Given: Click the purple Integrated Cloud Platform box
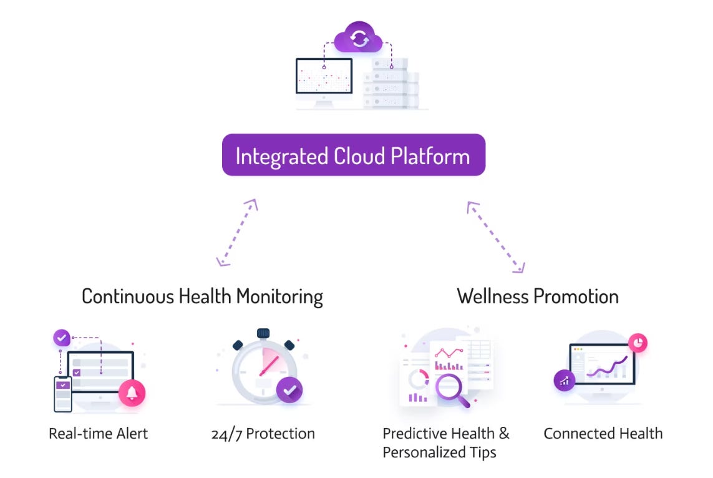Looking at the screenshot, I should coord(353,155).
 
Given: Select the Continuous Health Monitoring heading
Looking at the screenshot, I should coord(202,296).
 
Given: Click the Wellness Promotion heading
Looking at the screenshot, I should coord(537,296).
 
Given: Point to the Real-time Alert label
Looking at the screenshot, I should coord(99,433).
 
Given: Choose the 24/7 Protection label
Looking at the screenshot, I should coord(263,433).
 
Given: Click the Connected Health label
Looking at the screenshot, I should coord(603,433).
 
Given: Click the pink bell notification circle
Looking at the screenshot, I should coord(132,393).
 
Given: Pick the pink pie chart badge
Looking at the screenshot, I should coord(638,343).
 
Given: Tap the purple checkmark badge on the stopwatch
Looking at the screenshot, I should coord(289,390).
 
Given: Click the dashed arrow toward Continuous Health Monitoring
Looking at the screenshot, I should coord(236,233).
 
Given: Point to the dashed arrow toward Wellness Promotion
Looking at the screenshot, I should coord(496,237).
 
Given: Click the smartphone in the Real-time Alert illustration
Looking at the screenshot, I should coord(63,394).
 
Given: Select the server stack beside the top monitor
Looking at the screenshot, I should coord(391,84).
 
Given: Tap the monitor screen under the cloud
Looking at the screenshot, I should coord(324,76).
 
